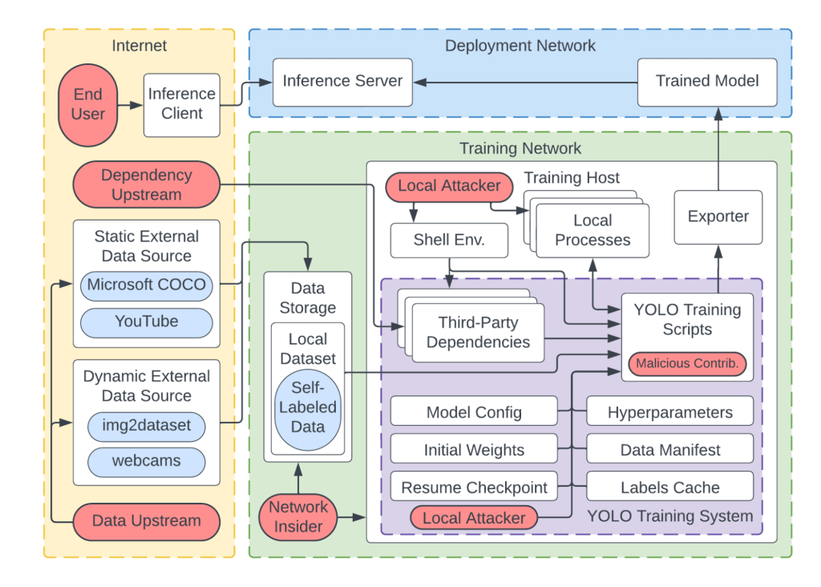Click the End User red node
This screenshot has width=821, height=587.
pyautogui.click(x=87, y=105)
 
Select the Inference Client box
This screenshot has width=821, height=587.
pyautogui.click(x=182, y=104)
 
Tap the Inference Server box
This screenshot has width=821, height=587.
pyautogui.click(x=343, y=81)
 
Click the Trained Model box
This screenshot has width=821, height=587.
pyautogui.click(x=706, y=81)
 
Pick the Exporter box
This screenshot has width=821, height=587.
pyautogui.click(x=718, y=217)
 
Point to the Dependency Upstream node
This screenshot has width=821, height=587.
pyautogui.click(x=146, y=184)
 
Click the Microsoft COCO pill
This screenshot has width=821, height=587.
pyautogui.click(x=146, y=285)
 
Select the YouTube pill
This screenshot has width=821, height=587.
pyautogui.click(x=146, y=322)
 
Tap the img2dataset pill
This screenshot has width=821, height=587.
pyautogui.click(x=146, y=425)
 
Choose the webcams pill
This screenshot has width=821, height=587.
pyautogui.click(x=146, y=461)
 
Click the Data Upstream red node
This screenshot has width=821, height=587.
pyautogui.click(x=146, y=520)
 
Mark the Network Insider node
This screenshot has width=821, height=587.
pyautogui.click(x=298, y=516)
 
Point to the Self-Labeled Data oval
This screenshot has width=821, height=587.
pyautogui.click(x=308, y=407)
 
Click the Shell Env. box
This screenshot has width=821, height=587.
pyautogui.click(x=449, y=240)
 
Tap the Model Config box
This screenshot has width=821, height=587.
pyautogui.click(x=474, y=413)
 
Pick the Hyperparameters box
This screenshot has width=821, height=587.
pyautogui.click(x=670, y=413)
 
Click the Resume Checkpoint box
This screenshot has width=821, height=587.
pyautogui.click(x=474, y=487)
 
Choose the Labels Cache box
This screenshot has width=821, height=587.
pyautogui.click(x=670, y=487)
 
